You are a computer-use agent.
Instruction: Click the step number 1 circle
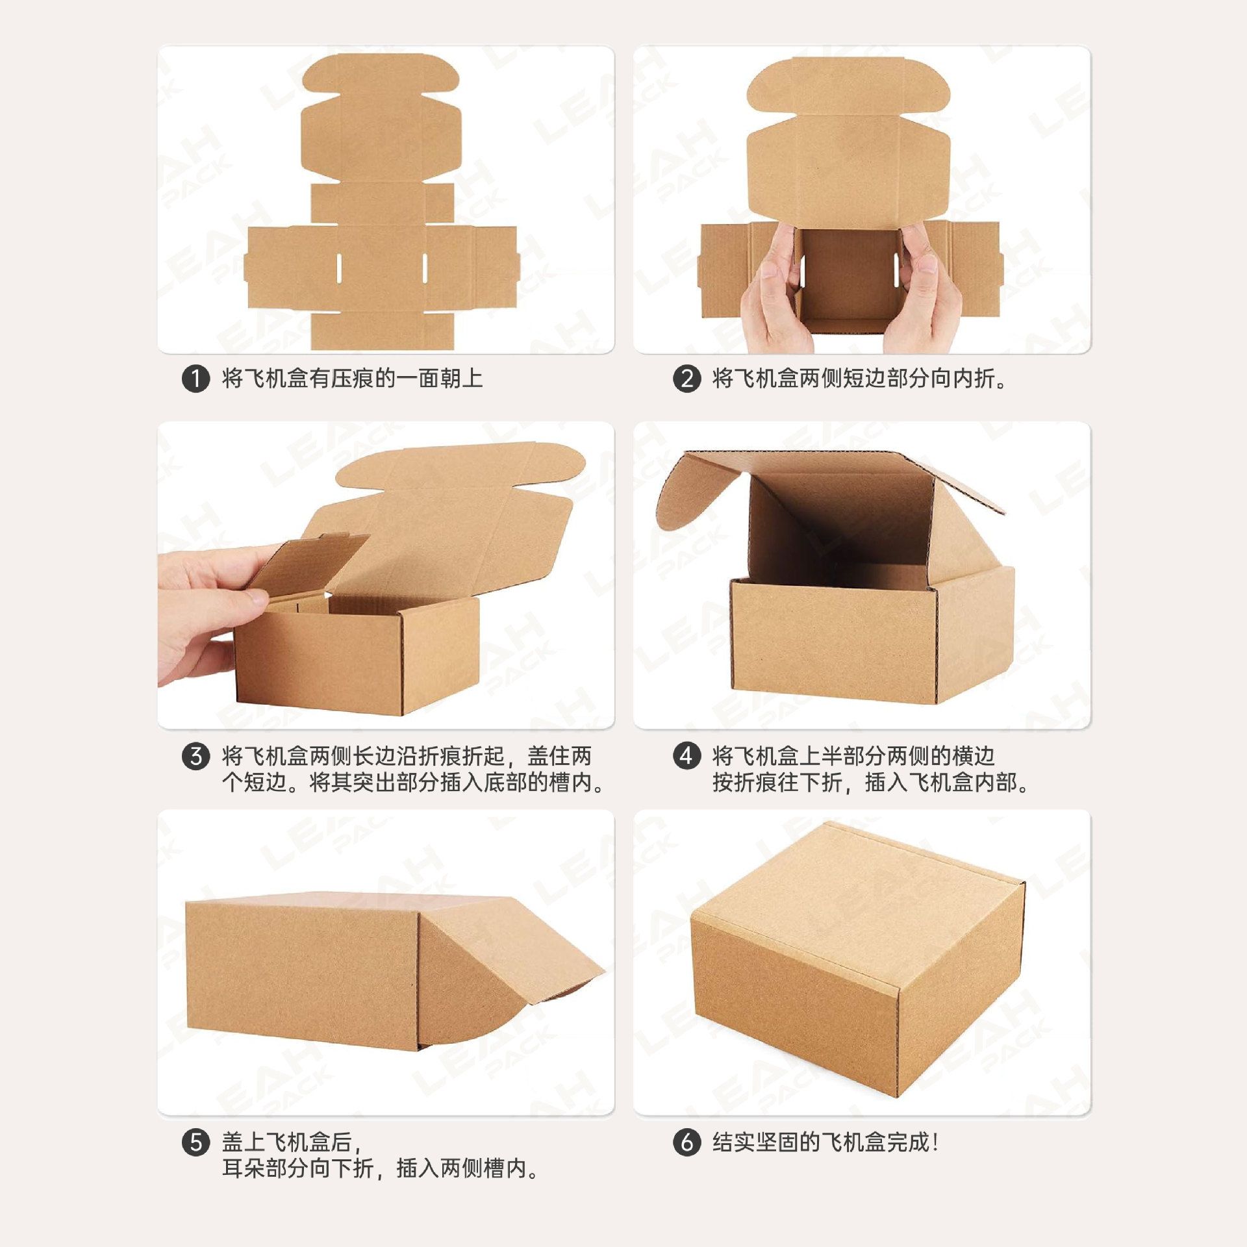(195, 379)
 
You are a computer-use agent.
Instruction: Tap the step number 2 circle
(686, 379)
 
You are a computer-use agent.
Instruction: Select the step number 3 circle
(195, 757)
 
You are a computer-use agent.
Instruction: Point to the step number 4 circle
(686, 757)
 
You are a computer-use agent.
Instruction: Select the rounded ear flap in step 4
(695, 490)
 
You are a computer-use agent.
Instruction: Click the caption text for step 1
(353, 379)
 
